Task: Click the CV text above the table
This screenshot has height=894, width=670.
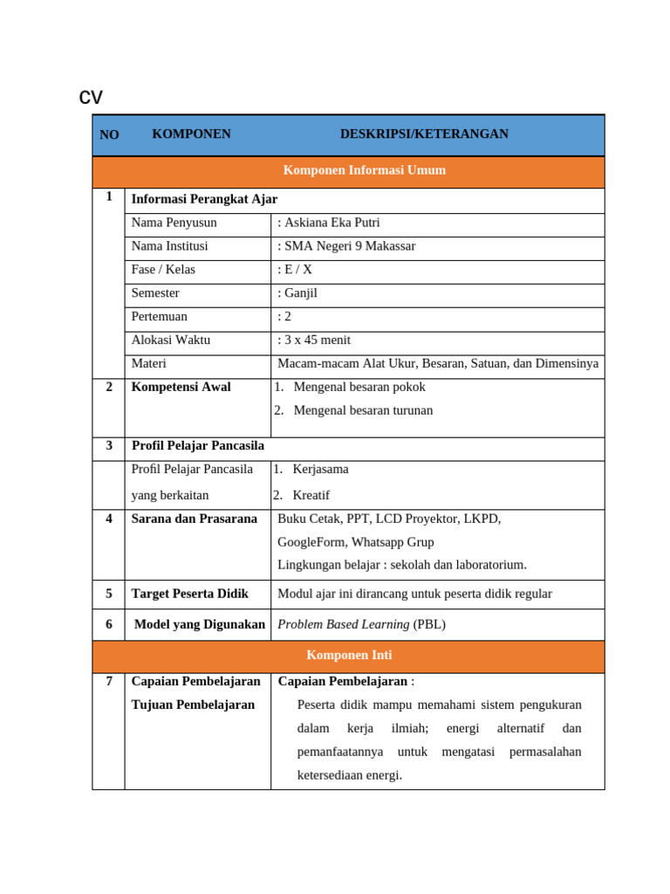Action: tap(91, 97)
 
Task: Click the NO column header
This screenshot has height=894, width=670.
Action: tap(109, 134)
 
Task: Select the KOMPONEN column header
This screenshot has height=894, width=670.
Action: tap(191, 134)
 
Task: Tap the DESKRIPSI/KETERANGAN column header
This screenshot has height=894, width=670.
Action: tap(424, 134)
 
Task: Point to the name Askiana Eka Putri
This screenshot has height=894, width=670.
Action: tap(332, 223)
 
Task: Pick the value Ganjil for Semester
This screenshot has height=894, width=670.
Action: tap(302, 293)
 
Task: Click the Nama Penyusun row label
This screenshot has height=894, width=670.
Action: tap(174, 223)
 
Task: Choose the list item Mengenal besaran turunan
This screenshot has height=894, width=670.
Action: tap(363, 410)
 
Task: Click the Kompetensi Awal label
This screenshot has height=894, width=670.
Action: tap(181, 387)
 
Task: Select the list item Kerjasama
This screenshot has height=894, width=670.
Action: tap(320, 469)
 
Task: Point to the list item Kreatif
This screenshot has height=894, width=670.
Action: tap(311, 495)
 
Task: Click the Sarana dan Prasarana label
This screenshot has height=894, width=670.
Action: tap(194, 519)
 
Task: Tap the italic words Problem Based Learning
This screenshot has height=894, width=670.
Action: tap(343, 624)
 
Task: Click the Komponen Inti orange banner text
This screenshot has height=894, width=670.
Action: tap(348, 655)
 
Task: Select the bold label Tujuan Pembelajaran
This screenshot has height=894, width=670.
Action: tap(193, 705)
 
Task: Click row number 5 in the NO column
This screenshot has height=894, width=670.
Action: tap(109, 594)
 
